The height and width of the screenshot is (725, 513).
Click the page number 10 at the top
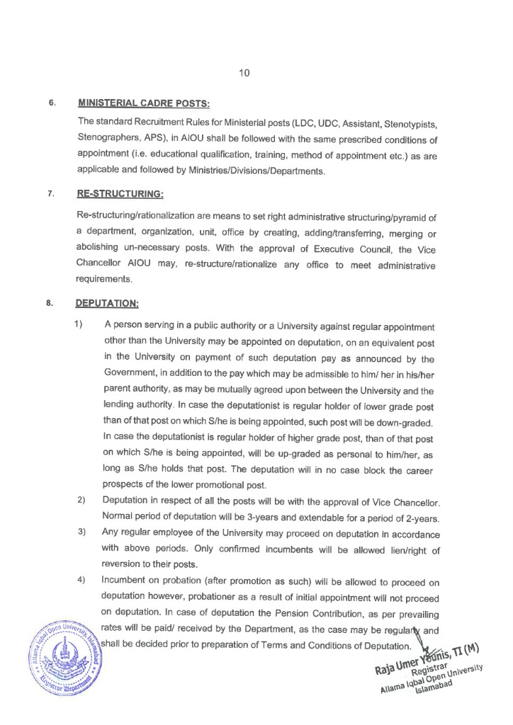pyautogui.click(x=244, y=73)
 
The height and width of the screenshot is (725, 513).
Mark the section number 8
pyautogui.click(x=50, y=303)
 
